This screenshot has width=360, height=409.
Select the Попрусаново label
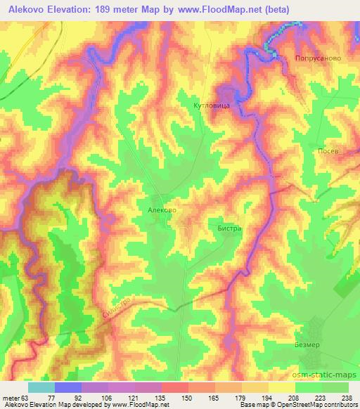[x=318, y=59]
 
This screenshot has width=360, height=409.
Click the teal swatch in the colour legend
[x=41, y=387]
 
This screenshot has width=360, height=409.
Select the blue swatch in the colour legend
[x=68, y=387]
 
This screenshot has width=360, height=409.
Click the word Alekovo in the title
[x=29, y=9]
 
